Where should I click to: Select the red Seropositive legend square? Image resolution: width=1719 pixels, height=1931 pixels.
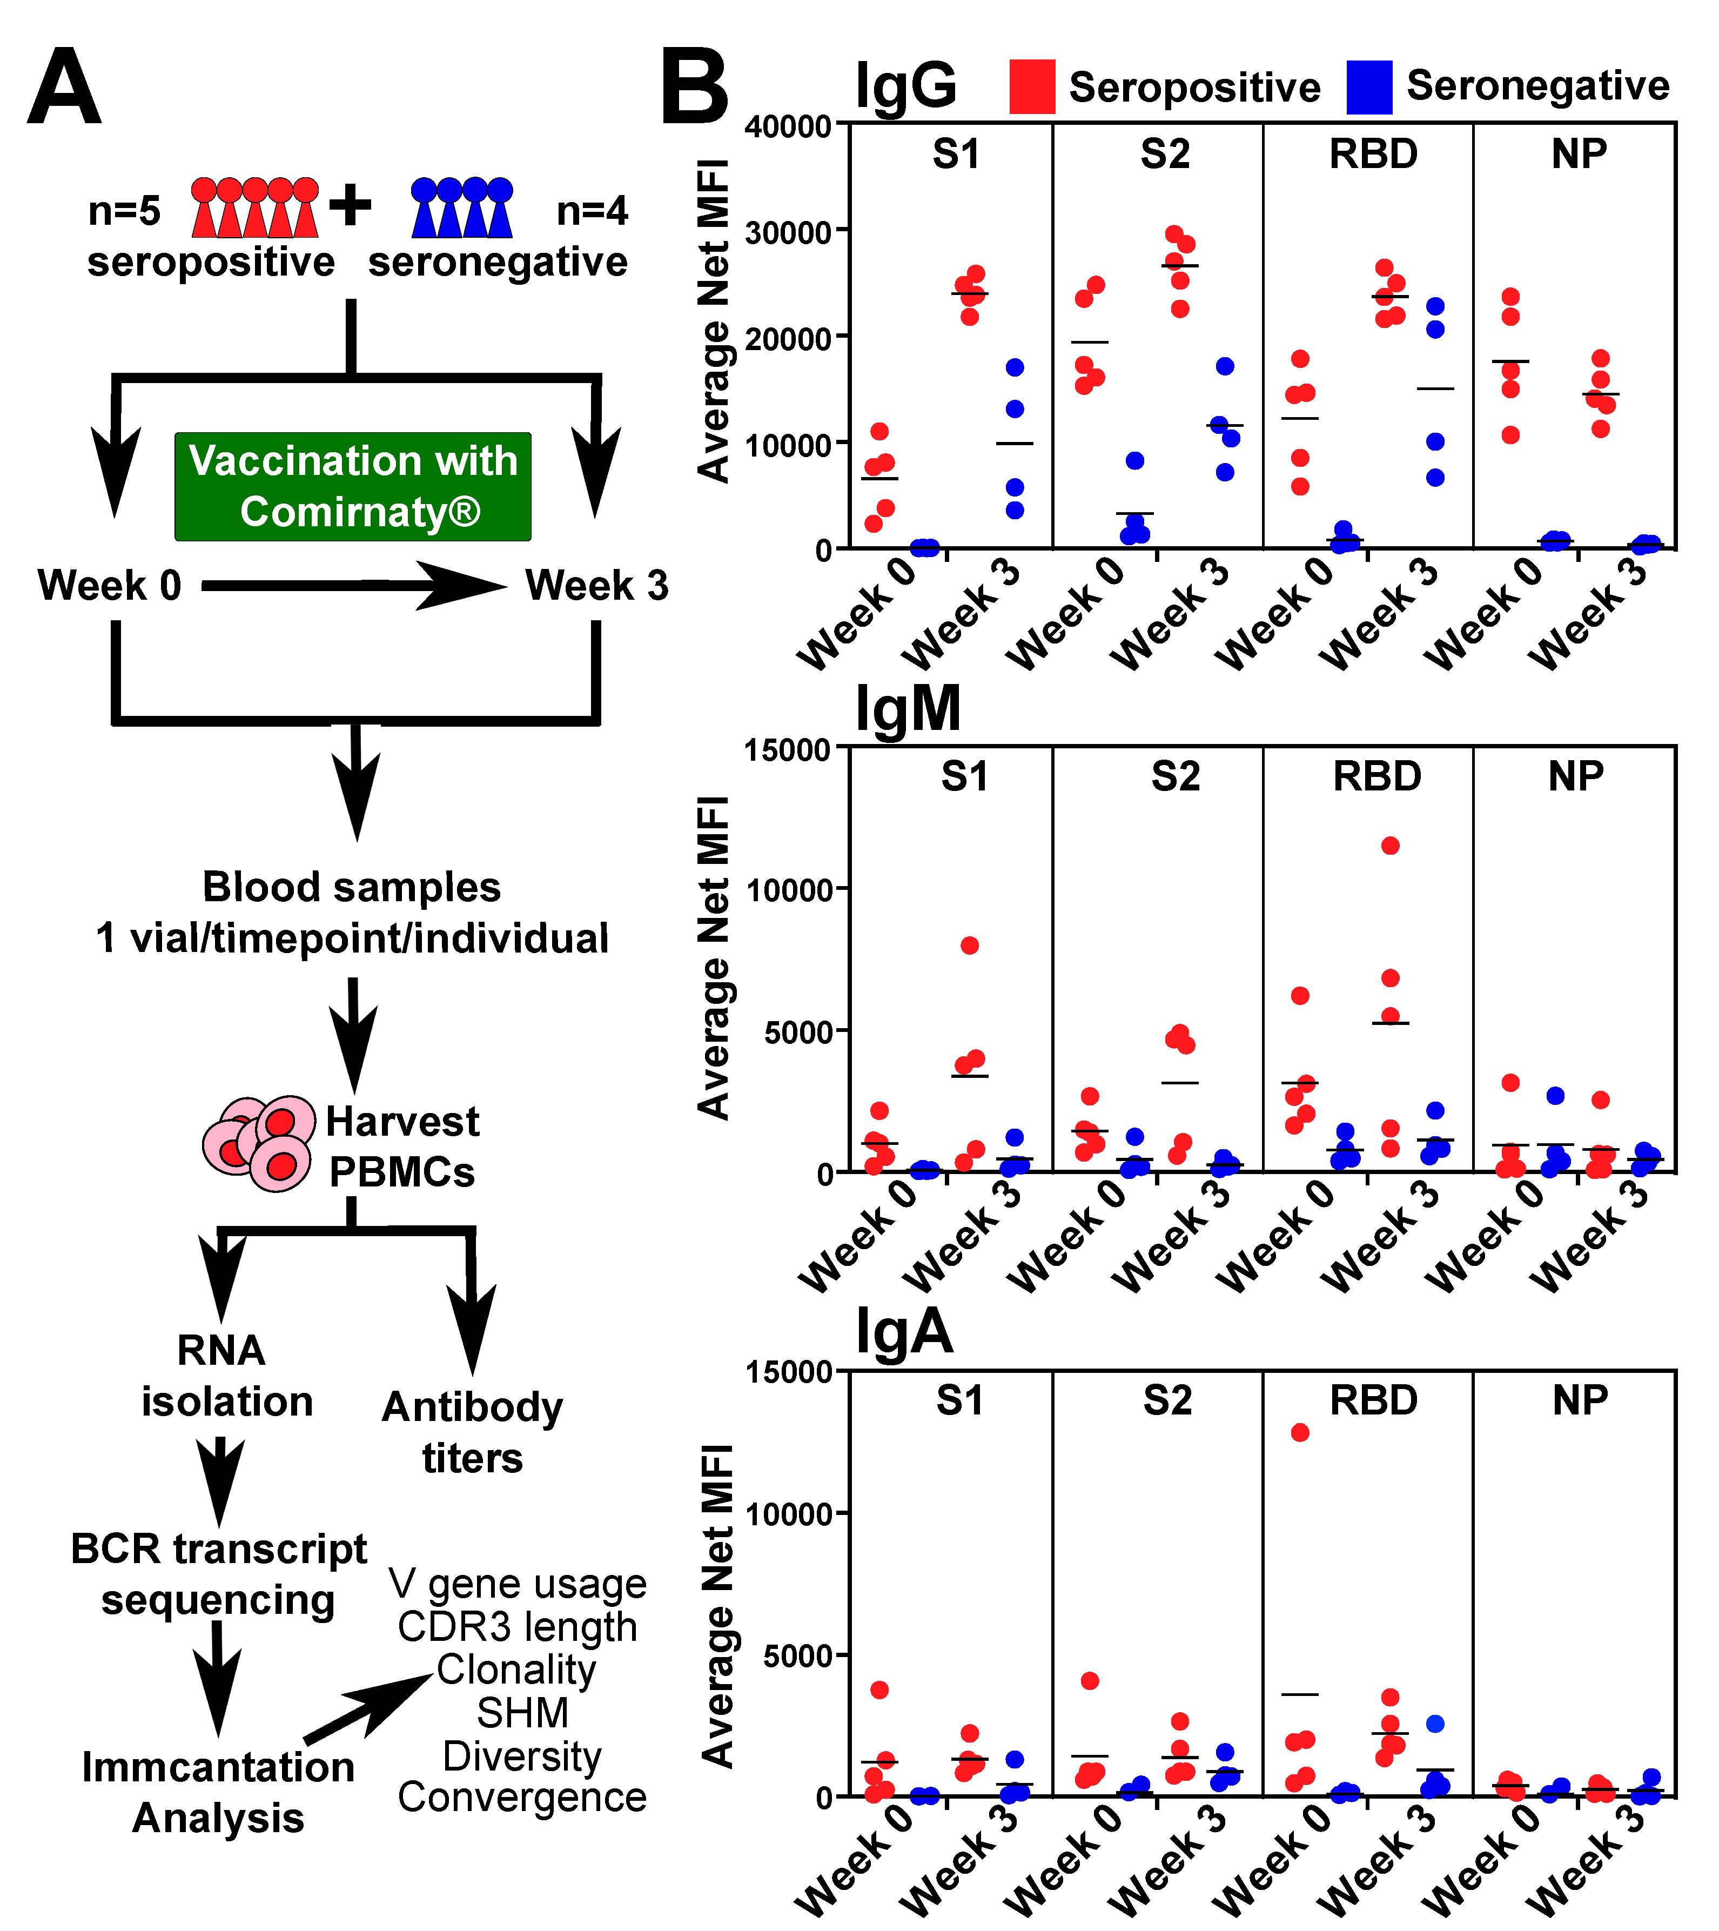coord(1031,87)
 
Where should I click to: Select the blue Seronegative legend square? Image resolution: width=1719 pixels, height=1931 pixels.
coord(1368,87)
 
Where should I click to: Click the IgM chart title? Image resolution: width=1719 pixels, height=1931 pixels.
coord(906,708)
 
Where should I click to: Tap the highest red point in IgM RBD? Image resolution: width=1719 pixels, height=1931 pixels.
coord(1391,846)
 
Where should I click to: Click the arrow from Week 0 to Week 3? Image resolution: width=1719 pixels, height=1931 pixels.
coord(354,586)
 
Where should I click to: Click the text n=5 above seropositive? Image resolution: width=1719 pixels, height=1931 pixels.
coord(124,211)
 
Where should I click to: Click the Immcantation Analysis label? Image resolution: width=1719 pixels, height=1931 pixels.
coord(218,1792)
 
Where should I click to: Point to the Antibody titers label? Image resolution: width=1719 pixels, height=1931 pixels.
coord(472,1432)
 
